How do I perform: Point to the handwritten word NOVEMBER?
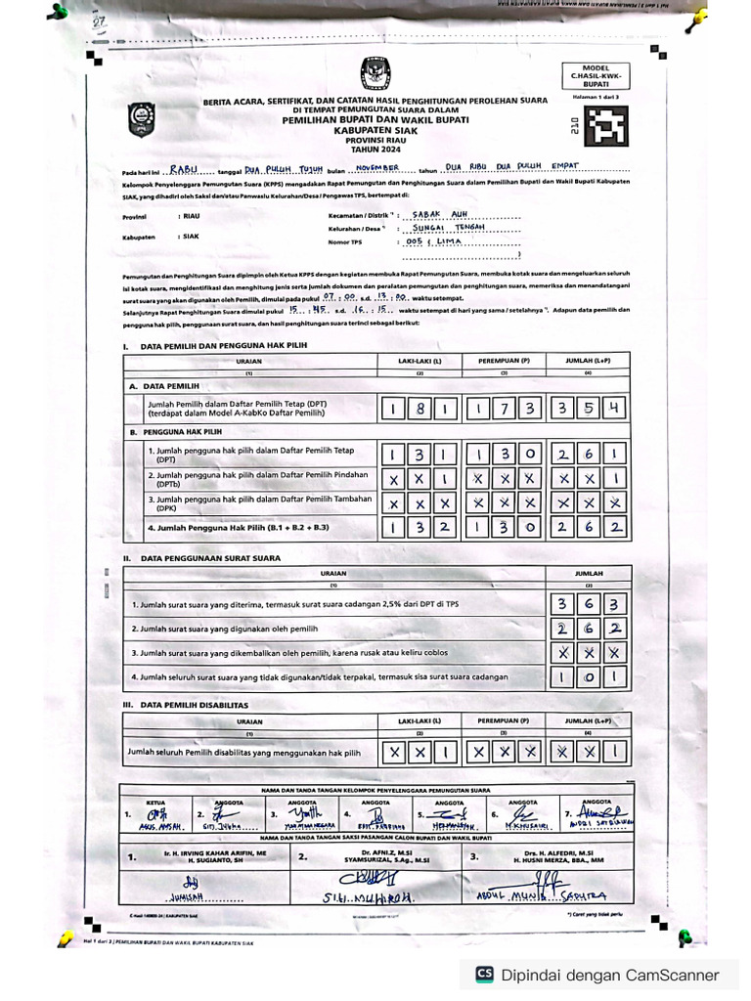pos(372,168)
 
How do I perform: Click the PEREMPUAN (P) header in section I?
pos(504,361)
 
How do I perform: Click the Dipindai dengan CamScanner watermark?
pos(598,974)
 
